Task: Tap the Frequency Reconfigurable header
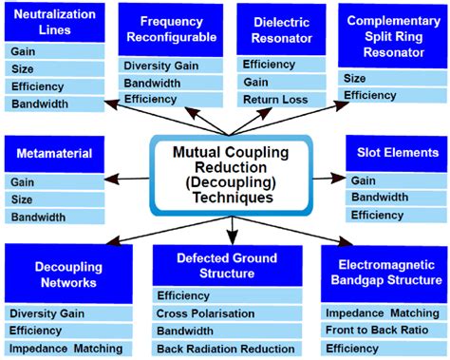[171, 28]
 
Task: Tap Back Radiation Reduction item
[227, 349]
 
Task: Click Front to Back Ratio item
[376, 331]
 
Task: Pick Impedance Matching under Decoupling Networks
[66, 349]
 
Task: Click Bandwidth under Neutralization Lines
[40, 104]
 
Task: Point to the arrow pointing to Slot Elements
[328, 177]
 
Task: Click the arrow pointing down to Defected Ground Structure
[231, 229]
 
